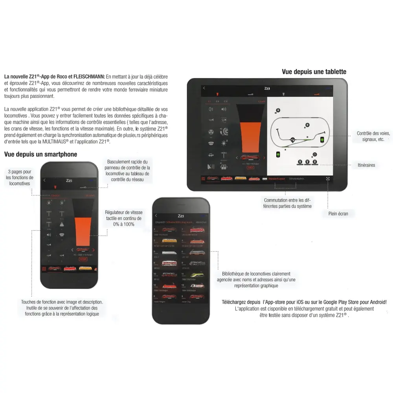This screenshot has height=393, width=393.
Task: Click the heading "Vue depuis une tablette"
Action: [x=314, y=72]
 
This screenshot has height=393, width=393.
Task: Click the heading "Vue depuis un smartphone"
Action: [x=40, y=154]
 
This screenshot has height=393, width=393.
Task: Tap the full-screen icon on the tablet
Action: [x=327, y=178]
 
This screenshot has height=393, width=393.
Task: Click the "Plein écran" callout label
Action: [x=338, y=214]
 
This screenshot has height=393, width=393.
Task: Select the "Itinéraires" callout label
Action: [x=366, y=165]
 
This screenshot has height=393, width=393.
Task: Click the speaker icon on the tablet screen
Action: [x=224, y=110]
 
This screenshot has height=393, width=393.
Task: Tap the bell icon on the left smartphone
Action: [x=62, y=224]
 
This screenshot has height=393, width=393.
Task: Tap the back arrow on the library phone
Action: [x=156, y=216]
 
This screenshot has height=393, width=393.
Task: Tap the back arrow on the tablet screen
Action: [x=204, y=88]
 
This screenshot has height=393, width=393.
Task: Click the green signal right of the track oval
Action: [x=321, y=140]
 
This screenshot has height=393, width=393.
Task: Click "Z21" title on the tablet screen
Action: [x=267, y=89]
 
